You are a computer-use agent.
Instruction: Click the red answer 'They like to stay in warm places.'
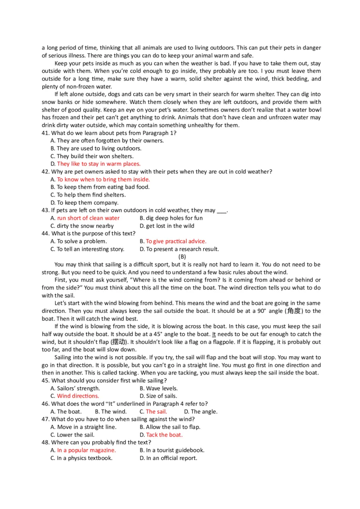pyautogui.click(x=99, y=164)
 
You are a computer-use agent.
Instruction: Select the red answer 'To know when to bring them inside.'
pyautogui.click(x=103, y=179)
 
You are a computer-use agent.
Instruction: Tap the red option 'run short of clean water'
pyautogui.click(x=88, y=218)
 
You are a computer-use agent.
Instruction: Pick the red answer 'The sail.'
pyautogui.click(x=156, y=411)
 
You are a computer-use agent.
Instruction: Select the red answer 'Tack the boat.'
pyautogui.click(x=164, y=435)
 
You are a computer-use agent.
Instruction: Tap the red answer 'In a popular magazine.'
pyautogui.click(x=86, y=450)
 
